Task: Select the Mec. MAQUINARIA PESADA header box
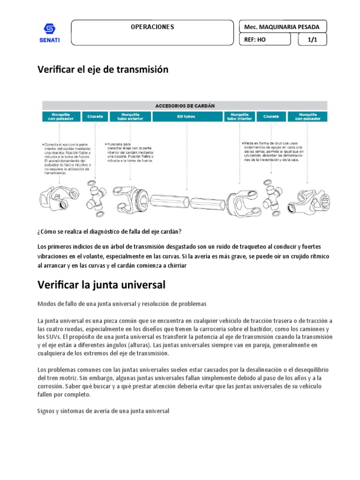pyautogui.click(x=282, y=27)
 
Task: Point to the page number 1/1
pyautogui.click(x=313, y=40)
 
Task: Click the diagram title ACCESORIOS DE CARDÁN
pyautogui.click(x=185, y=105)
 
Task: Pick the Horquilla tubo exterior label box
pyautogui.click(x=130, y=116)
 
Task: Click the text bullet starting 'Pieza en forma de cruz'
pyautogui.click(x=274, y=151)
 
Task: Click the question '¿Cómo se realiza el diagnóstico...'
pyautogui.click(x=109, y=232)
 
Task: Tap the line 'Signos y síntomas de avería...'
pyautogui.click(x=103, y=411)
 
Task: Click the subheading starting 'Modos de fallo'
pyautogui.click(x=121, y=304)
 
